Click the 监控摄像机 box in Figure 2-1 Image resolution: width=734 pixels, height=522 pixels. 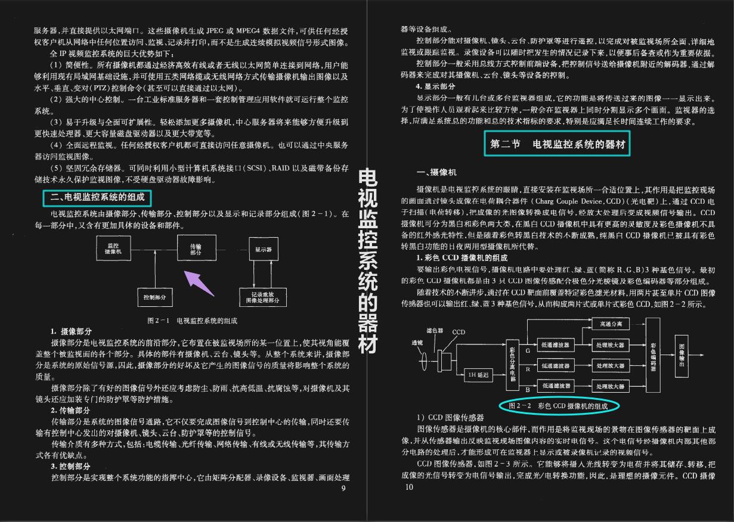[113, 249]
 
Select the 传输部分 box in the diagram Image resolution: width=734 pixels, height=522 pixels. [196, 249]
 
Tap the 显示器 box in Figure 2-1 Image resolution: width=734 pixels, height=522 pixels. [263, 249]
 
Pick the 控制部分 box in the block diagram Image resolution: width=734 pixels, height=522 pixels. [154, 296]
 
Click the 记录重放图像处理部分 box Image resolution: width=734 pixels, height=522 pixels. [264, 296]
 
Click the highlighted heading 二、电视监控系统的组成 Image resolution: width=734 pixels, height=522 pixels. [98, 197]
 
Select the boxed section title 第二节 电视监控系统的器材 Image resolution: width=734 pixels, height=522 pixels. [556, 144]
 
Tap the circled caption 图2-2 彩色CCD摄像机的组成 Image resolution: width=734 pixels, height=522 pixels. [562, 406]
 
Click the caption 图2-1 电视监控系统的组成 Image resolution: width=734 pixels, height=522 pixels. [192, 321]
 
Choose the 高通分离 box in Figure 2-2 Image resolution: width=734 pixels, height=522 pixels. [611, 324]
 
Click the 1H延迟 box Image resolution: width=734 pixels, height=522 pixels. [478, 375]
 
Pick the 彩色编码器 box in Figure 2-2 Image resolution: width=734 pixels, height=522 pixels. [654, 356]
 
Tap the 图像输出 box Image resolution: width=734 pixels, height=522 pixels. [683, 356]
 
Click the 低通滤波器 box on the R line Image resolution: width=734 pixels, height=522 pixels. [555, 365]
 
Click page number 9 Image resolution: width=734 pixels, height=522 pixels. [343, 489]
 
